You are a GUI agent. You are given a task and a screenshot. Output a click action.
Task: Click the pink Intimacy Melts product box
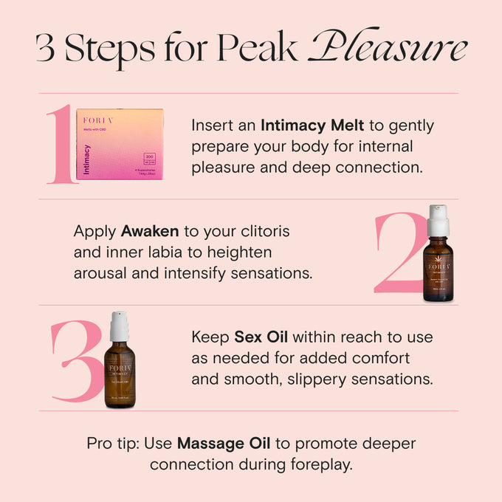click(120, 145)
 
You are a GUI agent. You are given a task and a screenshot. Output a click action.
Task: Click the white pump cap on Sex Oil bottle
click(120, 326)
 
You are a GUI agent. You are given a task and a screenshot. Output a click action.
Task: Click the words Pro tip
click(109, 444)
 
